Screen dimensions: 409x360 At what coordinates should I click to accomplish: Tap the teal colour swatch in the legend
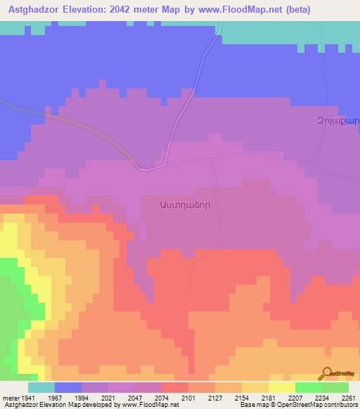tap(41, 387)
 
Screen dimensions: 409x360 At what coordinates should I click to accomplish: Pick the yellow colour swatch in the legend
tap(281, 387)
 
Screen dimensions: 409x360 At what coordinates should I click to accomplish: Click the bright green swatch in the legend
tap(308, 387)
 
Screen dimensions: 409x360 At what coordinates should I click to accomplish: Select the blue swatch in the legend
tap(68, 387)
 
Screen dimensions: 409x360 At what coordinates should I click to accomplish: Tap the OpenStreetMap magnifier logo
tap(326, 375)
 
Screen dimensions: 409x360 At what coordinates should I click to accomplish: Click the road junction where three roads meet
tap(213, 159)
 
